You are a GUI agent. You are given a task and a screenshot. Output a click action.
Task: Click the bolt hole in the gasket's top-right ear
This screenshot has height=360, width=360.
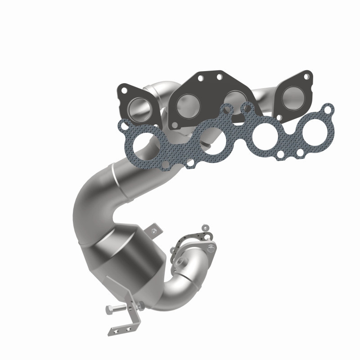click(328, 109)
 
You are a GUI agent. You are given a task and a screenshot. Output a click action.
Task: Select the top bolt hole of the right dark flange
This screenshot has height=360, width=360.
click(306, 77)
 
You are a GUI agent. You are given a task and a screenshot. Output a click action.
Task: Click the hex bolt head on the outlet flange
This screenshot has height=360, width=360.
click(211, 246)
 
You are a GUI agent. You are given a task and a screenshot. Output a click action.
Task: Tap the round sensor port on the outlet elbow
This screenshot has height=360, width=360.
click(183, 261)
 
